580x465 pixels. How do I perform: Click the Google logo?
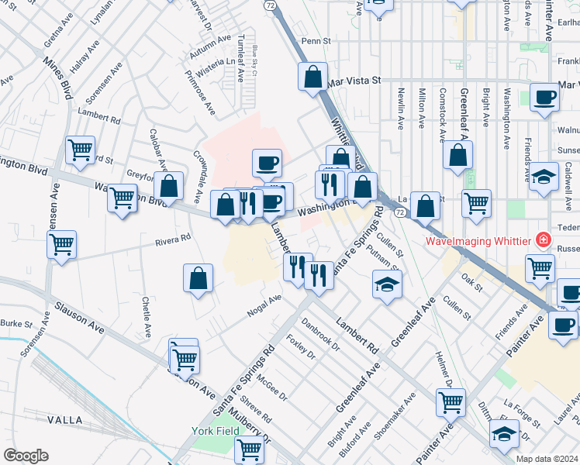tap(26, 456)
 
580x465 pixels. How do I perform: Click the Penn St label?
tap(316, 41)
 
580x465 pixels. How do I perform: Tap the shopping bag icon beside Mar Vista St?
tap(312, 77)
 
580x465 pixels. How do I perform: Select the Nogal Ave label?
tap(264, 305)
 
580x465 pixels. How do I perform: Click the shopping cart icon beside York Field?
tap(249, 447)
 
